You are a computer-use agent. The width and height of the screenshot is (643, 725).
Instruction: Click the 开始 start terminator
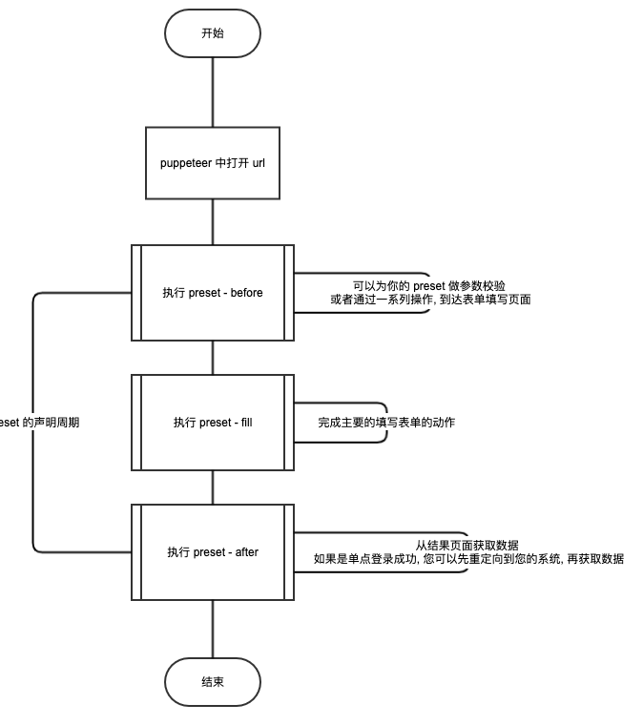pyautogui.click(x=212, y=33)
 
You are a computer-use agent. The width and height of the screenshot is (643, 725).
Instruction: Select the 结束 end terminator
pyautogui.click(x=212, y=682)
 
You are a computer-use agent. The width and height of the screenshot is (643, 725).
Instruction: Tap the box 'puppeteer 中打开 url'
pyautogui.click(x=212, y=163)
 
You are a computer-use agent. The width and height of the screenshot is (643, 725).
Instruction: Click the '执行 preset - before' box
pyautogui.click(x=212, y=293)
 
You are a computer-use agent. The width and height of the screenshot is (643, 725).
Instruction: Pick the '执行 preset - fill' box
pyautogui.click(x=212, y=423)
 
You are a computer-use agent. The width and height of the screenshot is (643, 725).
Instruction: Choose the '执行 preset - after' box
pyautogui.click(x=212, y=552)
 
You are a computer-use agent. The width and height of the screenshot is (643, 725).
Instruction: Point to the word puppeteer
pyautogui.click(x=186, y=163)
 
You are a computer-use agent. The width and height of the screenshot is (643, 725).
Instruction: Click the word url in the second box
pyautogui.click(x=259, y=163)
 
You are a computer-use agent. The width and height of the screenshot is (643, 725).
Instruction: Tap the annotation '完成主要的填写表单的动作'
pyautogui.click(x=386, y=423)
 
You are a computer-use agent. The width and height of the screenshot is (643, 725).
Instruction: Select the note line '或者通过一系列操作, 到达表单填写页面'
pyautogui.click(x=430, y=300)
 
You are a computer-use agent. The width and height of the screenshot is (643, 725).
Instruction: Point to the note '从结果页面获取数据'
pyautogui.click(x=467, y=545)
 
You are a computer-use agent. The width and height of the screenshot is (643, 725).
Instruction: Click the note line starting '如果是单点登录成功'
pyautogui.click(x=468, y=559)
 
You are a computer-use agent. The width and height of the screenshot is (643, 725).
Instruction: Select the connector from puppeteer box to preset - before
pyautogui.click(x=212, y=222)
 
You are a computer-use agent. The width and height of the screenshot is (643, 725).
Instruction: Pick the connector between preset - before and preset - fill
pyautogui.click(x=212, y=358)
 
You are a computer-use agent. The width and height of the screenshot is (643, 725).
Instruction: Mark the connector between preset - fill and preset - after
pyautogui.click(x=212, y=487)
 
